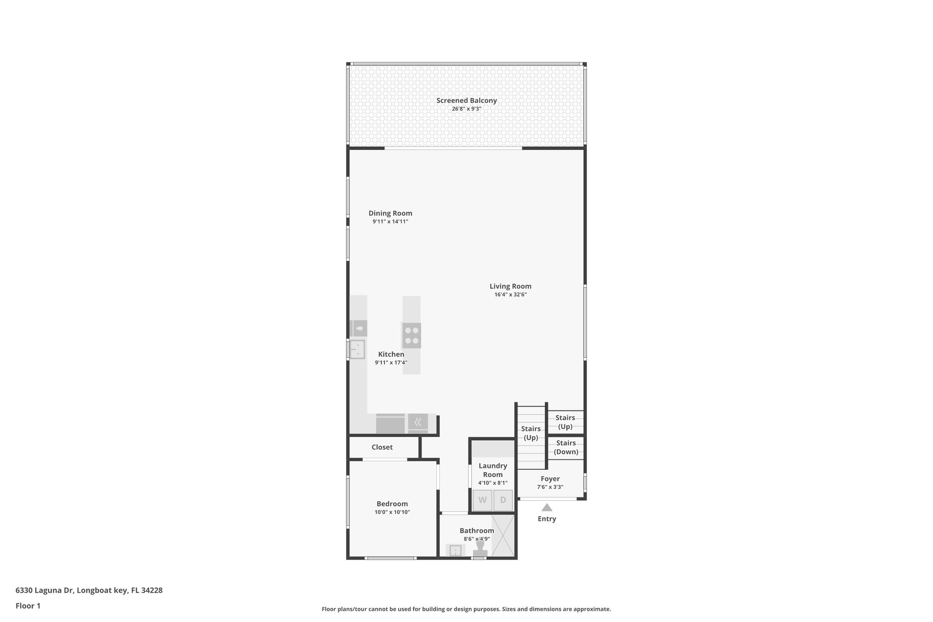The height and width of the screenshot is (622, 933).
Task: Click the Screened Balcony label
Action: [466, 101]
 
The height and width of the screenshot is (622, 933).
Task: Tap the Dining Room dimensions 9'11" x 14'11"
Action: [390, 221]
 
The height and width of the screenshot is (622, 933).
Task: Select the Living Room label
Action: [510, 286]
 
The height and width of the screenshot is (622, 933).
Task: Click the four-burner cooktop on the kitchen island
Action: [411, 335]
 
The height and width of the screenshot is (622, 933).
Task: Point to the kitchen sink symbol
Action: [358, 350]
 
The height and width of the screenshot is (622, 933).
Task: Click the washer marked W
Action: [482, 500]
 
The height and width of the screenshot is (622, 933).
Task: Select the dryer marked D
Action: [503, 500]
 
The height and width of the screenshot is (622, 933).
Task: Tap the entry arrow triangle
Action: [547, 507]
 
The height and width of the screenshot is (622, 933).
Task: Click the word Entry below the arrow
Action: [547, 519]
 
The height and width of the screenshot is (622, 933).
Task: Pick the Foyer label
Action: [550, 478]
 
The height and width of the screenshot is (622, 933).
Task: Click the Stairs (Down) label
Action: [566, 447]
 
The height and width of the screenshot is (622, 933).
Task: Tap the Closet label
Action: [382, 447]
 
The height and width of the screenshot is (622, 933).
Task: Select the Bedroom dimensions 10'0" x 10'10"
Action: [392, 512]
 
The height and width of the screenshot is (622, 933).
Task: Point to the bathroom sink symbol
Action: [455, 550]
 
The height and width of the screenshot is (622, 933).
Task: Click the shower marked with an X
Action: [503, 535]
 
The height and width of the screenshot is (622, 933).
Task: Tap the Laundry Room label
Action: [492, 470]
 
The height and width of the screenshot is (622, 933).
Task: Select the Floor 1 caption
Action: [28, 606]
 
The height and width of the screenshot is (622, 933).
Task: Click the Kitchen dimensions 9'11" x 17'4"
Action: [391, 363]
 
